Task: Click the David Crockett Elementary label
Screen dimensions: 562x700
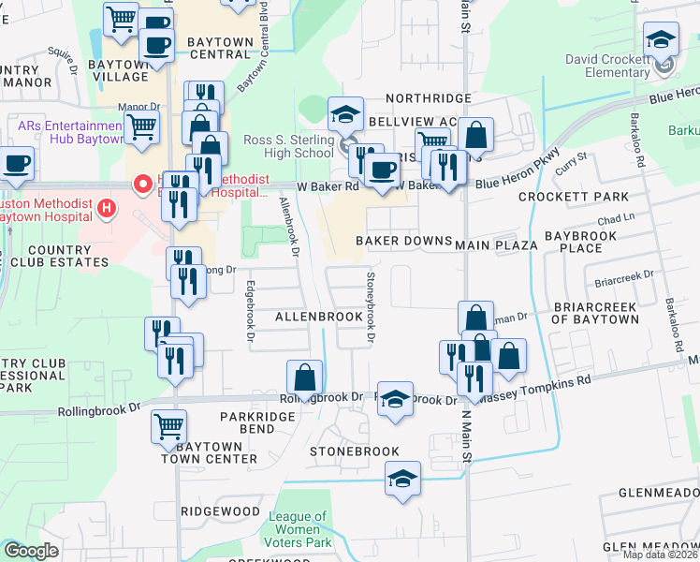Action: [x=607, y=66]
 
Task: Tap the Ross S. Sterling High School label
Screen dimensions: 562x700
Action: [x=288, y=146]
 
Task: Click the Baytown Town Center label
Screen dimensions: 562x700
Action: [x=209, y=452]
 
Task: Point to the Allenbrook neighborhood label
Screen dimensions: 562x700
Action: [x=318, y=318]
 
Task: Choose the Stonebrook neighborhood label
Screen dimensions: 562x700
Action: [x=356, y=451]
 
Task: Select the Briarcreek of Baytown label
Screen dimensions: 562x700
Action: [x=595, y=313]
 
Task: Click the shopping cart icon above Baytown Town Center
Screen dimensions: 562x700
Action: [x=168, y=426]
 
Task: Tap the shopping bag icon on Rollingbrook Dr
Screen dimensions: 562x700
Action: [x=305, y=378]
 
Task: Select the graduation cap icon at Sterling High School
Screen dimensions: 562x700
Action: [x=345, y=115]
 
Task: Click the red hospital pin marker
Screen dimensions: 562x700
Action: [x=142, y=185]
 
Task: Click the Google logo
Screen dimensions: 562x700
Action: [x=31, y=551]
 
